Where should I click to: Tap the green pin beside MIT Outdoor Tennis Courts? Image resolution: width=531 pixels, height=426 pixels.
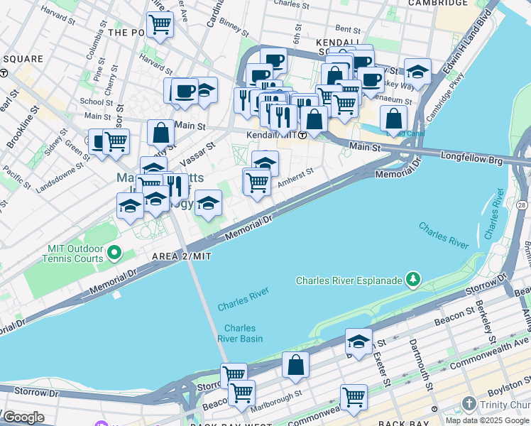tap(113, 253)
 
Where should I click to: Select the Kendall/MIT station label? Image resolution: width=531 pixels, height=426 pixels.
tap(272, 134)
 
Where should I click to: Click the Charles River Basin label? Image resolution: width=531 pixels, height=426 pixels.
tap(243, 333)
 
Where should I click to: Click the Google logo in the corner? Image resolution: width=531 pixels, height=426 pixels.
tap(23, 417)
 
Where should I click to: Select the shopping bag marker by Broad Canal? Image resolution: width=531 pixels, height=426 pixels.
tap(393, 119)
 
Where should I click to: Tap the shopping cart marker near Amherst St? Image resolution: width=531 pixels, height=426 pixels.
tap(257, 182)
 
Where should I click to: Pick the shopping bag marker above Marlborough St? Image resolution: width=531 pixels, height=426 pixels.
tap(295, 366)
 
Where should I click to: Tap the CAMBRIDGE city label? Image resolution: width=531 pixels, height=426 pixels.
tap(438, 4)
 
